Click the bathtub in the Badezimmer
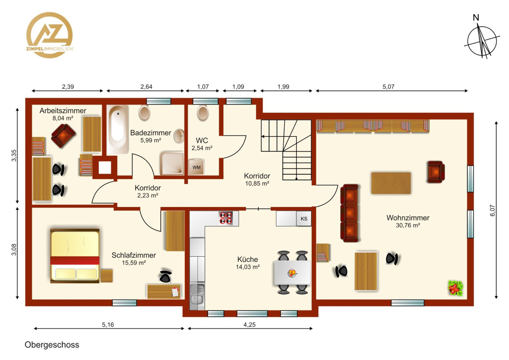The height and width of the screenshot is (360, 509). click(x=118, y=129)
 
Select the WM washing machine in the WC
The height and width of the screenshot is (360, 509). click(x=196, y=167)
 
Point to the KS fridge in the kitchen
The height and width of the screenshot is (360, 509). click(x=304, y=219)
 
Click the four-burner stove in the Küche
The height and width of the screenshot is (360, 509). click(x=226, y=218)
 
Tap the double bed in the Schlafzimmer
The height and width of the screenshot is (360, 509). click(x=75, y=256)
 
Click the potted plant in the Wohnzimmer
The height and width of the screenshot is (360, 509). click(x=455, y=288)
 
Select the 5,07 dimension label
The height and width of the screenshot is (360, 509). click(x=388, y=87)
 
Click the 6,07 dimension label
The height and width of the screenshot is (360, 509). click(x=492, y=211)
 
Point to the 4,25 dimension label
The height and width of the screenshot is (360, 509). click(x=250, y=325)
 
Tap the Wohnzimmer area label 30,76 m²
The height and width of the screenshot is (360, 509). click(x=408, y=225)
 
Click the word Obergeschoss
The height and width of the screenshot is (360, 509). click(x=52, y=345)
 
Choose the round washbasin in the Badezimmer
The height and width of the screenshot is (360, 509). click(x=179, y=136)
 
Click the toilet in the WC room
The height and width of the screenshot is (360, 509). click(x=203, y=113)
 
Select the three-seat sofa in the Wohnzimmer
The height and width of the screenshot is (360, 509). click(x=349, y=213)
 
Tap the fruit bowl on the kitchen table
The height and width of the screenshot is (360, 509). click(x=292, y=273)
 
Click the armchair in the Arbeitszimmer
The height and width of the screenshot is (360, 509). click(x=63, y=135)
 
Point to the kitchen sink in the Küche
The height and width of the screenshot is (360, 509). click(x=197, y=296)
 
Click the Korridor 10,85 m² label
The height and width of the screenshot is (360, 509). click(x=257, y=179)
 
